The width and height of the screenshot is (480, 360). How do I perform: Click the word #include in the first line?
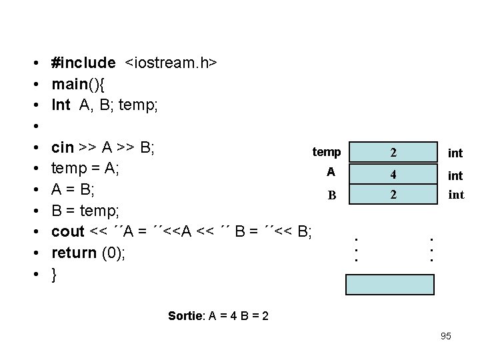point(83,63)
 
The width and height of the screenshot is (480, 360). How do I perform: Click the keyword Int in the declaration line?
point(61,105)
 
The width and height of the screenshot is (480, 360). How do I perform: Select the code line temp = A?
point(85,169)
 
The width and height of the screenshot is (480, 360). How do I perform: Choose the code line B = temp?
point(85,211)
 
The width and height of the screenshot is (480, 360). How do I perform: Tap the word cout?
point(68,232)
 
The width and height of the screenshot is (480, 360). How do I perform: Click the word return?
point(73,253)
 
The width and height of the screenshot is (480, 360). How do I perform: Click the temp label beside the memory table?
point(327,153)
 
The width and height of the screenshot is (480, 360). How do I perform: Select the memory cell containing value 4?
point(393,175)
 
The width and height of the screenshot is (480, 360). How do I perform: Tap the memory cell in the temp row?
point(393,153)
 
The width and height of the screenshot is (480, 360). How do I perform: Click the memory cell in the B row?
point(393,195)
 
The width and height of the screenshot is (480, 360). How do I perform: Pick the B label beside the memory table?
point(331,196)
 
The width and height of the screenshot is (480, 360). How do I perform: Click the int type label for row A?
point(455,175)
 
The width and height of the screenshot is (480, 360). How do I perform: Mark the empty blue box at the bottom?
point(389,284)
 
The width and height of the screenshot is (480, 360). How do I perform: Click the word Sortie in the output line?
point(185,315)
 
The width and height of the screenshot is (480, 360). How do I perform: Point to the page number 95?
point(446,336)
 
